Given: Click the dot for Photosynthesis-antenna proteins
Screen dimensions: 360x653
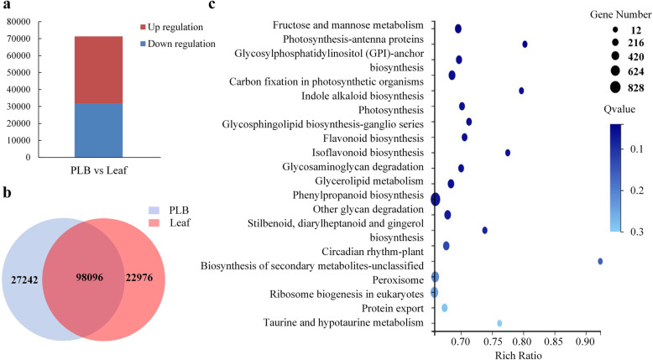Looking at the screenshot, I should (525, 44).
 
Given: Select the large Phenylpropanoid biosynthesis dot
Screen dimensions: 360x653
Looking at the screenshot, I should (435, 199).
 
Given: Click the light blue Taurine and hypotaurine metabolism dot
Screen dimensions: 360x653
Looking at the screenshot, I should (499, 323).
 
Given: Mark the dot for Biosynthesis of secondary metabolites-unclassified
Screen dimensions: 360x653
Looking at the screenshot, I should (600, 261).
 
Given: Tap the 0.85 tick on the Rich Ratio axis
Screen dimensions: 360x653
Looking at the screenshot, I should (554, 342).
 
